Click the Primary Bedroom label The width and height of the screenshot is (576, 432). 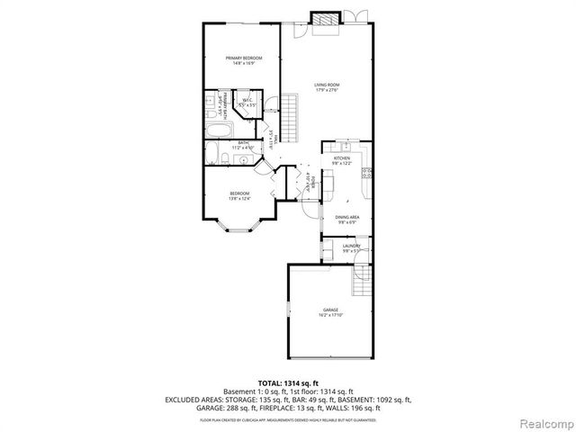239,60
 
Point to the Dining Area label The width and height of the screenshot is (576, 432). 348,219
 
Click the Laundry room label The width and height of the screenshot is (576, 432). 351,247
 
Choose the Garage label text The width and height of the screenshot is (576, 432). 331,311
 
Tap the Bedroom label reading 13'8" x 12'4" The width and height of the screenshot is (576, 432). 239,195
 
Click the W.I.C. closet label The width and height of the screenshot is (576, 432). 246,103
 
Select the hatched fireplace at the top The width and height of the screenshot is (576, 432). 324,17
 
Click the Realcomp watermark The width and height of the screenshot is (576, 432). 545,420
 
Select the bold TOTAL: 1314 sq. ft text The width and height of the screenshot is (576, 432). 287,382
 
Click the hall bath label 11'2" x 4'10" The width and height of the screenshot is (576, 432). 242,147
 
